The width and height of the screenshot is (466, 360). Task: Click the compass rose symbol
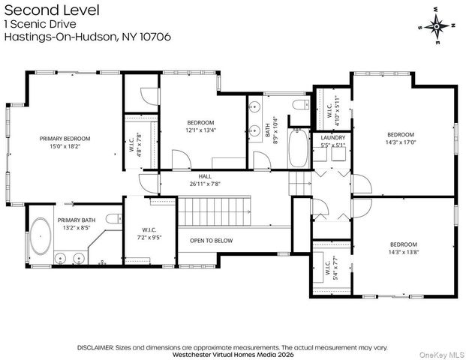click(437, 26)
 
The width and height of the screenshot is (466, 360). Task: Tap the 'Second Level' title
click(52, 10)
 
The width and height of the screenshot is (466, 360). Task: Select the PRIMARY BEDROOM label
click(65, 139)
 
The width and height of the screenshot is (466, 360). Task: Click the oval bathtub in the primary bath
click(41, 236)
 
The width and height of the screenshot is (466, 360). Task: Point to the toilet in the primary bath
click(114, 218)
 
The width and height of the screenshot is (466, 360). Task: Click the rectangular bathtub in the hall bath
click(299, 148)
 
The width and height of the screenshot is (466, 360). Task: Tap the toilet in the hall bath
click(301, 104)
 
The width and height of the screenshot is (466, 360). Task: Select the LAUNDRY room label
click(333, 138)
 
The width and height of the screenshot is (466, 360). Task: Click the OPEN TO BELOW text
click(212, 241)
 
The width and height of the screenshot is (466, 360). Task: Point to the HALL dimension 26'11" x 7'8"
click(205, 184)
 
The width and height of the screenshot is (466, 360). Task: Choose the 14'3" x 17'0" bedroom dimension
click(401, 142)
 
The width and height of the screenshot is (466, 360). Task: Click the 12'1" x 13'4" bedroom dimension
click(200, 130)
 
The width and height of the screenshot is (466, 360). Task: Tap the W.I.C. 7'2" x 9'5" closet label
click(149, 234)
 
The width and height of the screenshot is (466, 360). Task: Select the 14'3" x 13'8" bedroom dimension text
click(404, 252)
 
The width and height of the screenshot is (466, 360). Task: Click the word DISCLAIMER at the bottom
click(95, 347)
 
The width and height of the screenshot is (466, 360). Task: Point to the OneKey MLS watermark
click(442, 355)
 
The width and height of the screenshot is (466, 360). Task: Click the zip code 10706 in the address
click(155, 37)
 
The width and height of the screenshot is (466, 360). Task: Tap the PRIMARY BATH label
click(77, 220)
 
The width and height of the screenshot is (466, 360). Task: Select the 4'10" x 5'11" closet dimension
click(337, 110)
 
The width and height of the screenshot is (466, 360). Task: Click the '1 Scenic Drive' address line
click(41, 24)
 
